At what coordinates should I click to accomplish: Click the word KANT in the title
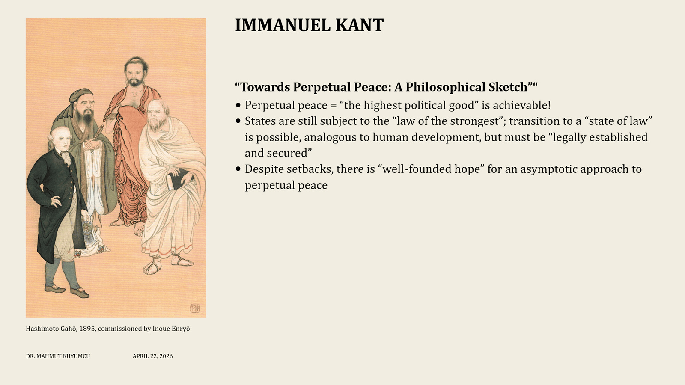point(359,25)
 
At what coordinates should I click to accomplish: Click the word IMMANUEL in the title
point(283,25)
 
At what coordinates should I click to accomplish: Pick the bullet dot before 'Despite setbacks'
point(238,169)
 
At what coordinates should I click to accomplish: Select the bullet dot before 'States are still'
point(238,121)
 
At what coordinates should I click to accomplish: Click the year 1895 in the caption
point(87,329)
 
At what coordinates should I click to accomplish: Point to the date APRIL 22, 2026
point(152,356)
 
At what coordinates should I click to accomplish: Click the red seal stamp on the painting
point(195,308)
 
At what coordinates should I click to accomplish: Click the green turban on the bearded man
point(80,95)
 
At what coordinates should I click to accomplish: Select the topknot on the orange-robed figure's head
point(136,58)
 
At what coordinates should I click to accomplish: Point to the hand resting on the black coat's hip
point(56,201)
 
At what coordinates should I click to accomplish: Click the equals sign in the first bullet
point(334,106)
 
